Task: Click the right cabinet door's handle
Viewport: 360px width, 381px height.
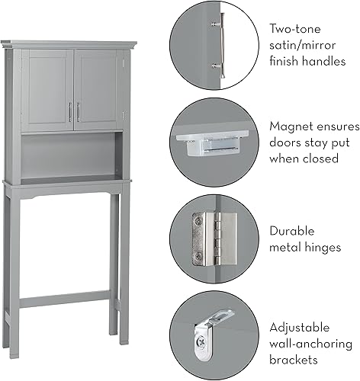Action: point(78,112)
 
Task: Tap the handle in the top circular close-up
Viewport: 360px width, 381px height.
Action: point(222,45)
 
